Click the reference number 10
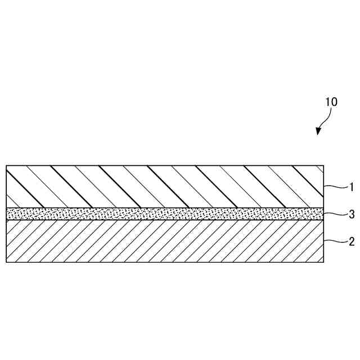coord(331,102)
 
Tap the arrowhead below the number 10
coord(318,132)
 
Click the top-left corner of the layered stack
coord(6,165)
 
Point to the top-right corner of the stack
coord(324,165)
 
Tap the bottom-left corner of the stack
coord(6,262)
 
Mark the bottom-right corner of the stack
coord(324,262)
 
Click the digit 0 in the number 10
coord(334,102)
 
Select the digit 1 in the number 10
coord(327,102)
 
